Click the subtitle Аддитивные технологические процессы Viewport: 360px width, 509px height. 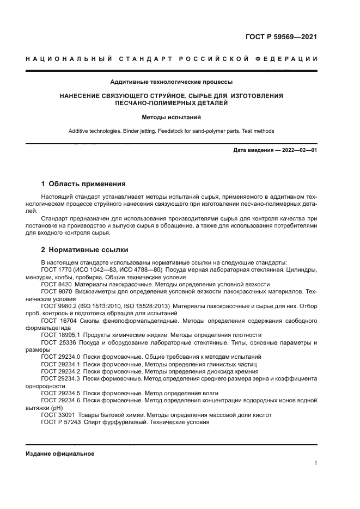point(172,82)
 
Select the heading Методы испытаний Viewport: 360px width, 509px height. point(172,116)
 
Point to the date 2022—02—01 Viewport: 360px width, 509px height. point(298,150)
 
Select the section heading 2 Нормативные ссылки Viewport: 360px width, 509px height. point(84,250)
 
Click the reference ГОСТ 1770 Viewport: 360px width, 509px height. point(57,270)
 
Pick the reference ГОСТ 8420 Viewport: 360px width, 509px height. point(57,284)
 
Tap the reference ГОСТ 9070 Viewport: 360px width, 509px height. point(57,292)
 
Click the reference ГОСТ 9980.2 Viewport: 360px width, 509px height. point(60,306)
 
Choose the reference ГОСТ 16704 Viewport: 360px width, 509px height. point(58,321)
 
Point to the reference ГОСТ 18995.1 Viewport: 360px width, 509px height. point(60,335)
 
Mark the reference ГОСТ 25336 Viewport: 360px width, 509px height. point(58,342)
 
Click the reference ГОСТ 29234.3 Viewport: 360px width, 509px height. point(60,378)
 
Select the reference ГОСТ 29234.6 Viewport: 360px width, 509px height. point(60,400)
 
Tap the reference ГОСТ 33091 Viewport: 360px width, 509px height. point(58,414)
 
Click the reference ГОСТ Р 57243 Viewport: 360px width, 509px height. point(61,421)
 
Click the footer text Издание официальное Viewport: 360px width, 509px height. point(60,453)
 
